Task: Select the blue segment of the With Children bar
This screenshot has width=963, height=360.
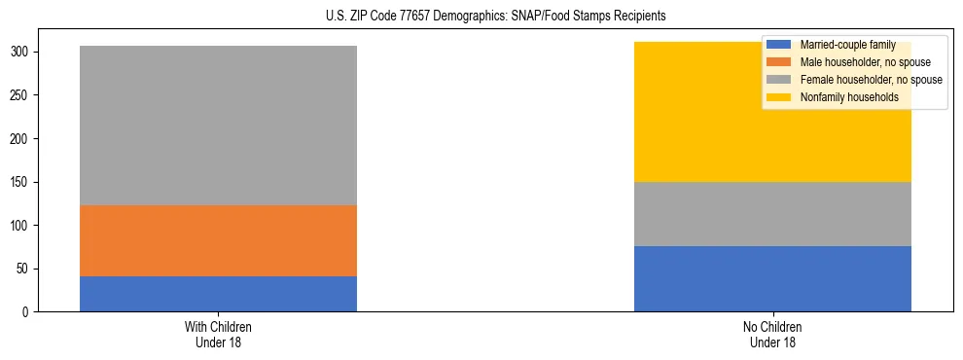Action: [218, 294]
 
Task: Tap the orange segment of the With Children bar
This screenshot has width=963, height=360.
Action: [218, 240]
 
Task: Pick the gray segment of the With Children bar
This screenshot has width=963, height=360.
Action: [218, 126]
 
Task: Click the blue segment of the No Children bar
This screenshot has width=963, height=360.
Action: [772, 278]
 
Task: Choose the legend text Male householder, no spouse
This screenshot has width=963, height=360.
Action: [858, 62]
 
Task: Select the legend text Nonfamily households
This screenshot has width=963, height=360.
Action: [842, 97]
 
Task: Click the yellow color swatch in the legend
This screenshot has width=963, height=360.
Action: [779, 97]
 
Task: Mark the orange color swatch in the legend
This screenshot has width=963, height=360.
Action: [779, 62]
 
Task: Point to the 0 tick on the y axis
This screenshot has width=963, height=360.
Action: [26, 312]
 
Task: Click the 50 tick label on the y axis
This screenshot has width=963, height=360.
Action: [23, 269]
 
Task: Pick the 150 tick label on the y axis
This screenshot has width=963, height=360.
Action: [20, 182]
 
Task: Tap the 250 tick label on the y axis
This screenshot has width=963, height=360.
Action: [20, 95]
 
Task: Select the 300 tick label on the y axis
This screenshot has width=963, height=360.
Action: [20, 53]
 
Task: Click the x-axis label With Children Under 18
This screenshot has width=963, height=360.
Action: [218, 335]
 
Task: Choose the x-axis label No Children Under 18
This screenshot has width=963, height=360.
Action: [772, 335]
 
